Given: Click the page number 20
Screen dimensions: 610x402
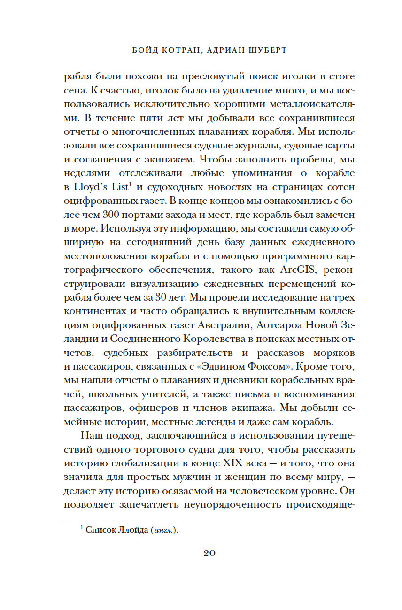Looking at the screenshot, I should [x=209, y=553].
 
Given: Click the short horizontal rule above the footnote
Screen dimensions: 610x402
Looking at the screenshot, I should [x=88, y=520].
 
